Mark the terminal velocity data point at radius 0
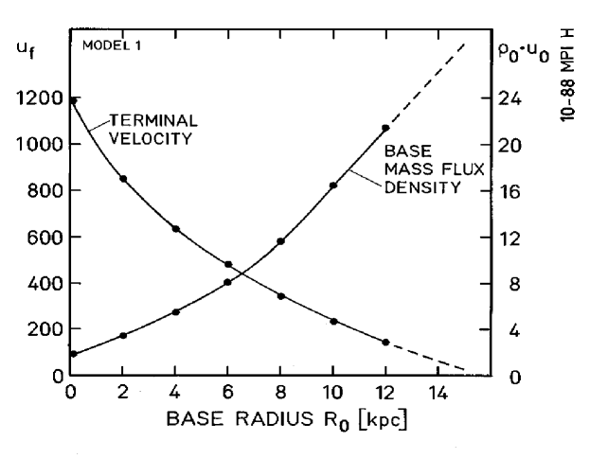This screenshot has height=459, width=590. click(x=73, y=100)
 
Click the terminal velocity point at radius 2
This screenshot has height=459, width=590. click(x=123, y=179)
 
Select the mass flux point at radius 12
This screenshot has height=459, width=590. click(x=385, y=128)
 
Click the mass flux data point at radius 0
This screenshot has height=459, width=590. click(x=73, y=354)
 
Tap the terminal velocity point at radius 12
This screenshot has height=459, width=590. click(x=385, y=343)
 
